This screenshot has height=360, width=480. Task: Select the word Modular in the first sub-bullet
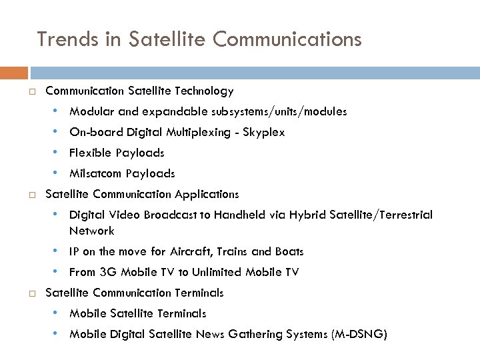click(x=91, y=111)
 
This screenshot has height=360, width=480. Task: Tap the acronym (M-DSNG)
click(x=359, y=334)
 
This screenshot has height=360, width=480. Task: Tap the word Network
click(x=91, y=231)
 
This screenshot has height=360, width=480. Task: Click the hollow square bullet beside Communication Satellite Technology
click(x=32, y=91)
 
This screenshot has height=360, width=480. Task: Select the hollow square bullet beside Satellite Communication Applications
click(x=32, y=195)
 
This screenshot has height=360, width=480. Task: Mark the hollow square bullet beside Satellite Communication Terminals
click(x=32, y=293)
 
